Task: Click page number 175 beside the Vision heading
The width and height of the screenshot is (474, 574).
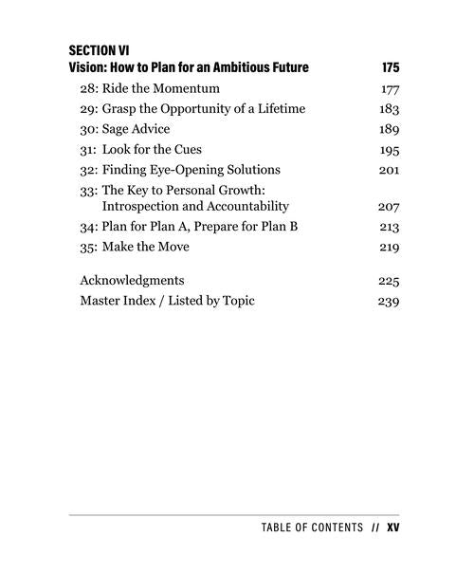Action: click(x=391, y=67)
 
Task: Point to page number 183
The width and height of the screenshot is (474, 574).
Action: click(x=390, y=109)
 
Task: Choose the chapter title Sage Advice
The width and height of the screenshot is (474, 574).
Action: click(x=143, y=129)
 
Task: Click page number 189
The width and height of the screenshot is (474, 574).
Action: click(x=390, y=130)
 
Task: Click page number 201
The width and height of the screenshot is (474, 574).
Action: click(x=390, y=170)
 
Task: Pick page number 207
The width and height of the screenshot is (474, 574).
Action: click(x=389, y=206)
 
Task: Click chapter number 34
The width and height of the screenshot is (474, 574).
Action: click(x=88, y=227)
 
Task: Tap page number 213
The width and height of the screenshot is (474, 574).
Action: click(x=390, y=228)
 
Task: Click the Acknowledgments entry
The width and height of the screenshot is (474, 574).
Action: click(x=132, y=281)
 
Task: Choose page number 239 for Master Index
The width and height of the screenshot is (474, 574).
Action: click(x=389, y=302)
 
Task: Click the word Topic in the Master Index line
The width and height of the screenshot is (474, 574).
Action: click(x=237, y=301)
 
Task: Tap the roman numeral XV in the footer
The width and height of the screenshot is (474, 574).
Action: click(x=393, y=528)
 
